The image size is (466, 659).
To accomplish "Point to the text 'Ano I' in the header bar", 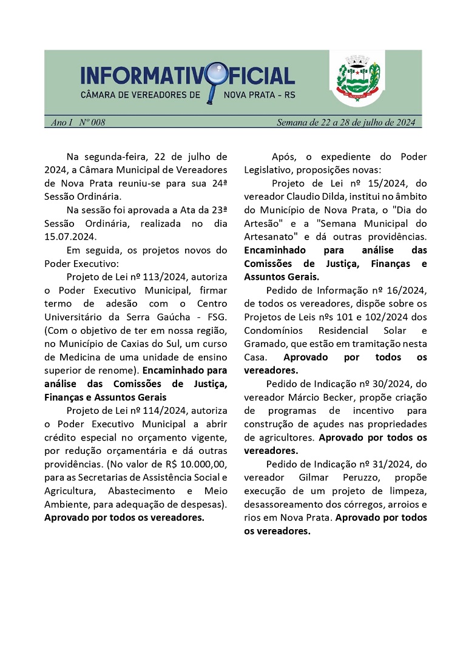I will (x=61, y=123).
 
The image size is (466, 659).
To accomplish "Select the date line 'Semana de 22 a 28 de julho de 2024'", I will (x=345, y=123).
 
